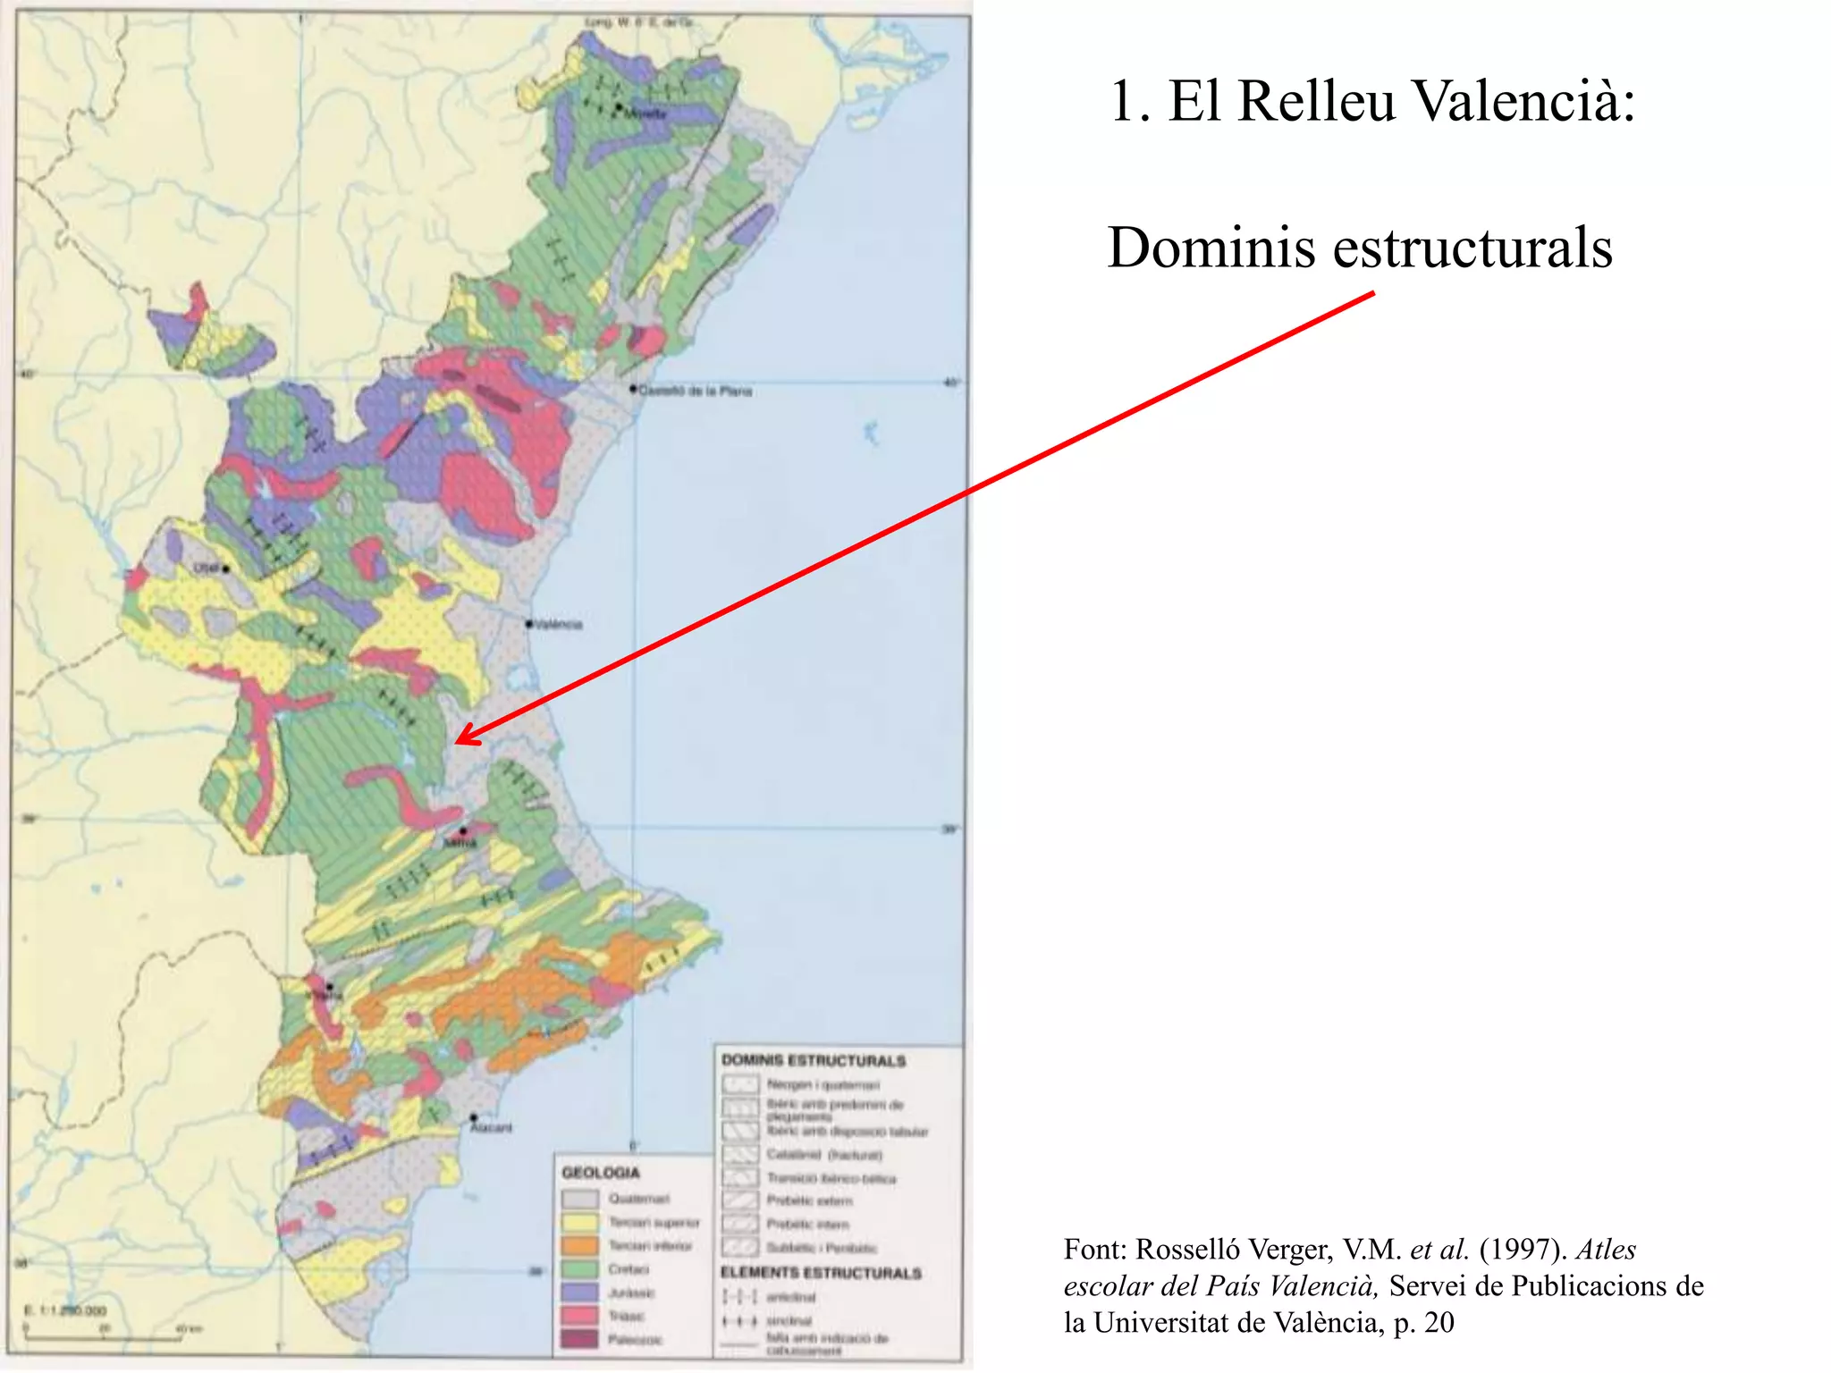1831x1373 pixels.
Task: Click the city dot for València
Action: (529, 623)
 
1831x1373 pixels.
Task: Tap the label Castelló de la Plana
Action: (695, 391)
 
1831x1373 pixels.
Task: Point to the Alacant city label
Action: (492, 1128)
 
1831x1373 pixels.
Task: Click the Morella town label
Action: (645, 114)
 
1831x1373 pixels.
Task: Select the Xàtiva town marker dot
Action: (462, 831)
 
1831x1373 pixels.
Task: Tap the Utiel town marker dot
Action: (226, 569)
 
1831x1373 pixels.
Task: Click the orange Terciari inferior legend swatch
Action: (579, 1246)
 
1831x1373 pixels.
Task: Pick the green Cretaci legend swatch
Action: (579, 1269)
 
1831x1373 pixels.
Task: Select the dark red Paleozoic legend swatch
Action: (579, 1339)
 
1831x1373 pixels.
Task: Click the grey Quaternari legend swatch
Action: (579, 1199)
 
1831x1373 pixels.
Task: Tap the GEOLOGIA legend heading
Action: (601, 1172)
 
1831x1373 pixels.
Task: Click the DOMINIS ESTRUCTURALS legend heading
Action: (813, 1060)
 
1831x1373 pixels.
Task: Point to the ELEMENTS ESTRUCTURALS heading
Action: (821, 1272)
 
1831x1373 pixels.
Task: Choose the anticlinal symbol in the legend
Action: (739, 1297)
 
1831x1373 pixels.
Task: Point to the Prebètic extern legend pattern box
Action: (739, 1200)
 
